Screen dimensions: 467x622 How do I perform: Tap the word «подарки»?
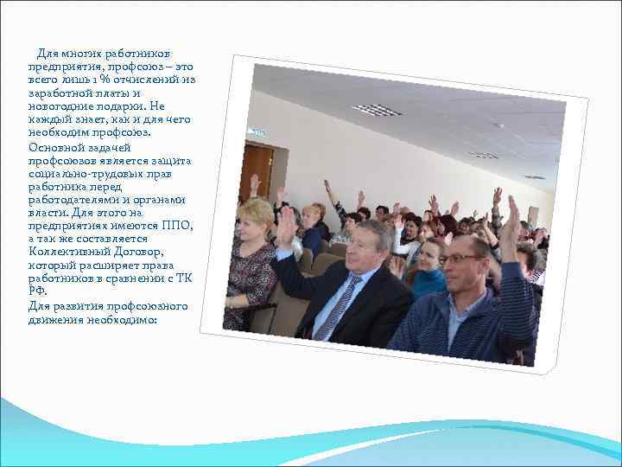(x=135, y=106)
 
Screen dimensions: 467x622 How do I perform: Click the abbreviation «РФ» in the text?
(x=37, y=291)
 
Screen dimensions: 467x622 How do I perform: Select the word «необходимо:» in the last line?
(x=127, y=318)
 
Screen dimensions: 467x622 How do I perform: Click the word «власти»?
(x=47, y=213)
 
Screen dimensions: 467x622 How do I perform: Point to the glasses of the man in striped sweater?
(x=461, y=258)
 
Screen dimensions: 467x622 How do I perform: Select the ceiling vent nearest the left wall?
(x=377, y=109)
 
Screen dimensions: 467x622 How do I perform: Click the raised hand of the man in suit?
(x=285, y=226)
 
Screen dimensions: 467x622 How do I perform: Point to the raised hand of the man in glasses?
(x=510, y=219)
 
